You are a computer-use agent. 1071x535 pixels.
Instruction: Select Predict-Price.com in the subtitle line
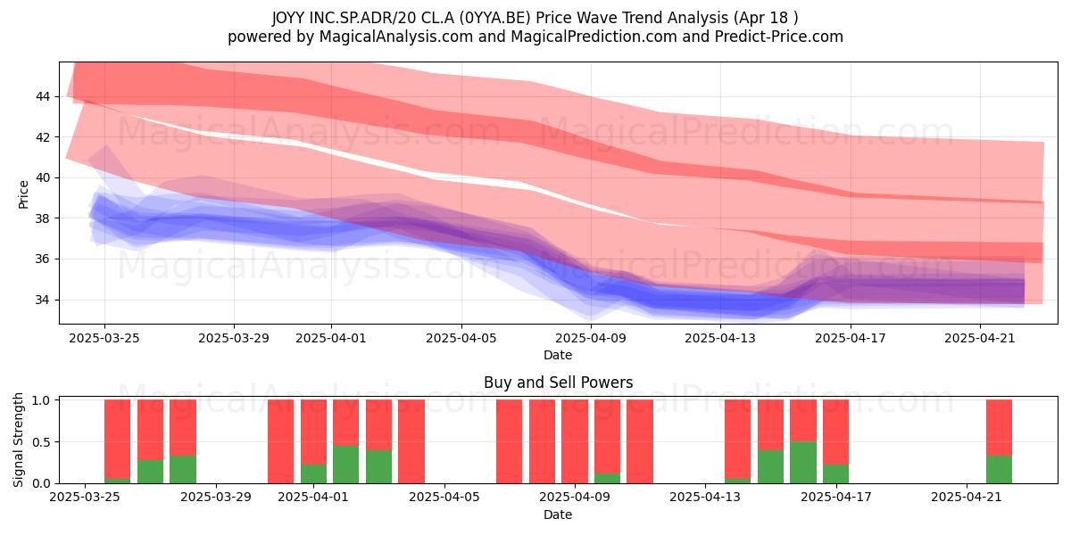(x=779, y=37)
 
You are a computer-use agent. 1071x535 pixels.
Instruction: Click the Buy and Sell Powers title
(x=558, y=383)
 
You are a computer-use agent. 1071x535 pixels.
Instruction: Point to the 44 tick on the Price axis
(x=43, y=96)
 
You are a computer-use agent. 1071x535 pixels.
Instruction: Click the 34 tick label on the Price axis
(x=43, y=300)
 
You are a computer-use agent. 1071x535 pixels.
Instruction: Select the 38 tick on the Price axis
(x=43, y=218)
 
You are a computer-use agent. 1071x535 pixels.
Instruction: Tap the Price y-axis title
(x=23, y=194)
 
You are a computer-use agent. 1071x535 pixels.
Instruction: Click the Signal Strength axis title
(x=18, y=440)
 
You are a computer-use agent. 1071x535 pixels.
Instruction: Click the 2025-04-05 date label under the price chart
(x=461, y=338)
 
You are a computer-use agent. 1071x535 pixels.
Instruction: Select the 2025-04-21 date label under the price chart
(x=980, y=338)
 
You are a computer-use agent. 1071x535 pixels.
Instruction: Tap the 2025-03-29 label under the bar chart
(x=216, y=497)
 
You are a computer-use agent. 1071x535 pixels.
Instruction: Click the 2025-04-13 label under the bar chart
(x=705, y=497)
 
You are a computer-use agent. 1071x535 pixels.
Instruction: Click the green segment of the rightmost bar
(x=999, y=470)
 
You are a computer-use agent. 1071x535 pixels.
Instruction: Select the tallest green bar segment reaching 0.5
(x=802, y=463)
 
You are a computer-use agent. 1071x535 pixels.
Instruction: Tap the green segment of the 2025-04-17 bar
(x=835, y=473)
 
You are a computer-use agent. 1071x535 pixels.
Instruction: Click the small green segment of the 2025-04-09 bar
(x=607, y=478)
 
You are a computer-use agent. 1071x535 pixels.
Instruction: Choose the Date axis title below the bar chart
(x=558, y=514)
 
